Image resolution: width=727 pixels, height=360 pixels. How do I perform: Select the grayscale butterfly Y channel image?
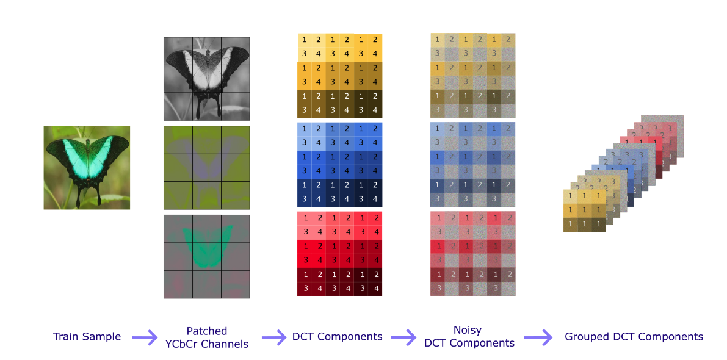tap(206, 78)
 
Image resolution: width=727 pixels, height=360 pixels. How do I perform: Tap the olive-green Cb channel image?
tap(206, 168)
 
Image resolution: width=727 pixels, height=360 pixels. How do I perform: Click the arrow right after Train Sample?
tap(144, 337)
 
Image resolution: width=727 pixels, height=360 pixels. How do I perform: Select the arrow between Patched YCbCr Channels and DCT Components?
tap(274, 337)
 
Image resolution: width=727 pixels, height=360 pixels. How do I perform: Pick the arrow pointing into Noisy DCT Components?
tap(403, 337)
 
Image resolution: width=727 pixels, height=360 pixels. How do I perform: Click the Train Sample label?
tap(87, 337)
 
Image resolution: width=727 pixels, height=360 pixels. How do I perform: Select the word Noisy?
tap(467, 330)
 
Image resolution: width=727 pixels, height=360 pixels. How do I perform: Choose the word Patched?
tap(206, 331)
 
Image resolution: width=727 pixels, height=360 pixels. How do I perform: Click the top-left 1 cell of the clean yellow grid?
tap(304, 40)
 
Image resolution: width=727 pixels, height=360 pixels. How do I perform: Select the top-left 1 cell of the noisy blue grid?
tap(437, 129)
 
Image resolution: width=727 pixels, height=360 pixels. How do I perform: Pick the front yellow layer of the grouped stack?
tap(584, 210)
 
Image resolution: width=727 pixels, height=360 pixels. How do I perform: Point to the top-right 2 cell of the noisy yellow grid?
tap(508, 40)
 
